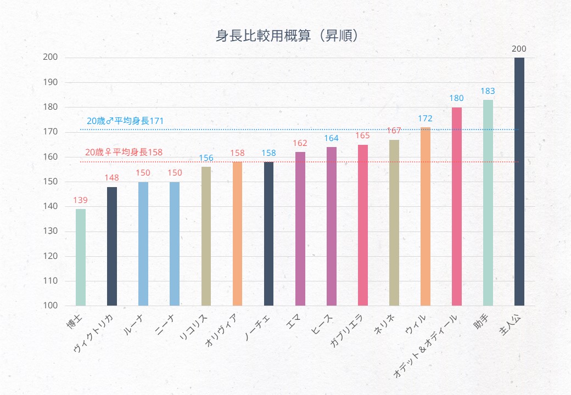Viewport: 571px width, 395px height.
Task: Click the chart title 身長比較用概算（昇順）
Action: coord(287,36)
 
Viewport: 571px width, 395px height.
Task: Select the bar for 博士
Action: coord(81,257)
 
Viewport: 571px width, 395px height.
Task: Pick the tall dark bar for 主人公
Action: coord(519,181)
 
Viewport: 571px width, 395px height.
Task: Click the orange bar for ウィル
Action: coord(425,216)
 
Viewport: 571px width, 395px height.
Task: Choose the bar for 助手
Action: coord(488,202)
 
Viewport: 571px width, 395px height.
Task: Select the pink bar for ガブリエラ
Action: coord(362,225)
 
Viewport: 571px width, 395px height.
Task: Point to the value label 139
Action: coord(81,200)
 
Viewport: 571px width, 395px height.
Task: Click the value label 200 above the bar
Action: coord(519,49)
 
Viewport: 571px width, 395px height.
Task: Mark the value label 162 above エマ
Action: coord(300,143)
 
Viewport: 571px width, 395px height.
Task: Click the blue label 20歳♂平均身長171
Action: coord(125,121)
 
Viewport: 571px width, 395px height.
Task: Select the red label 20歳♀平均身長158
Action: coord(124,152)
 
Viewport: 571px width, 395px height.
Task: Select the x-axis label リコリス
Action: coord(194,328)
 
